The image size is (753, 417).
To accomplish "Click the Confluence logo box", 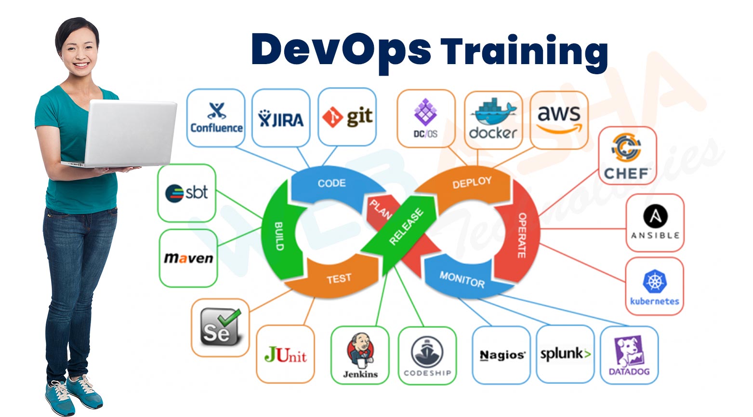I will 215,118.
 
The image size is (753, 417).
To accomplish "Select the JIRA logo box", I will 281,118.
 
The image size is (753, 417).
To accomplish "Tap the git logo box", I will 347,117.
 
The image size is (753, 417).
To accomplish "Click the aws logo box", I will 559,120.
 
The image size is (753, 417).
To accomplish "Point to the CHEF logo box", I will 627,156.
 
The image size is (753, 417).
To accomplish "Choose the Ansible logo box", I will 655,223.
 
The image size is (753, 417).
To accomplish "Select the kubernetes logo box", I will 654,286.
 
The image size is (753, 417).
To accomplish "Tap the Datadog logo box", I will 629,355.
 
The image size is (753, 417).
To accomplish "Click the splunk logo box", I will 565,354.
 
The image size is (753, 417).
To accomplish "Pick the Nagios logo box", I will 502,355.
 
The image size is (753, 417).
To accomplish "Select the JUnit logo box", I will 285,355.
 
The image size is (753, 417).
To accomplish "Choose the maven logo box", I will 188,258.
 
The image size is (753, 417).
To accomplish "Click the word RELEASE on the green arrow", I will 406,226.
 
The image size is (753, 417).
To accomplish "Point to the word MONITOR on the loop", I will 462,279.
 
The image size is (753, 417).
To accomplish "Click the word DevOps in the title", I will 341,49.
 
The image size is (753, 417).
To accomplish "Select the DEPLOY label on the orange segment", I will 472,183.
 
